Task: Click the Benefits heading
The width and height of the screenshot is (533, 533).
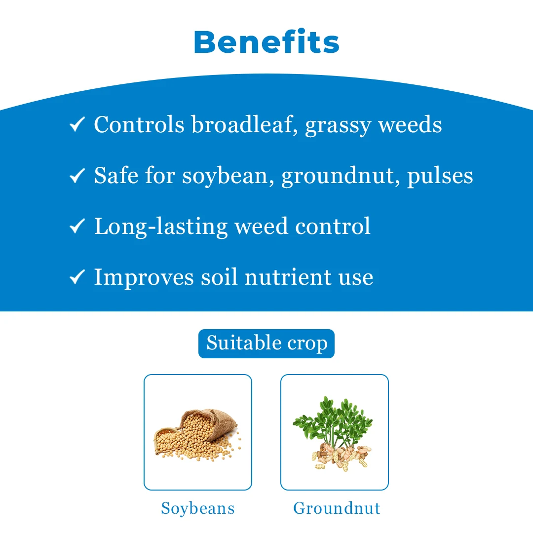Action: pyautogui.click(x=266, y=42)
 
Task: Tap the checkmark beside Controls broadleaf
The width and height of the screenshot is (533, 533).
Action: pyautogui.click(x=77, y=125)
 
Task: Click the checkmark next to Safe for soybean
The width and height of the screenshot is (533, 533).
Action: pyautogui.click(x=77, y=176)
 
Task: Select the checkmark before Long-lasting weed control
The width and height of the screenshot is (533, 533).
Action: pyautogui.click(x=77, y=227)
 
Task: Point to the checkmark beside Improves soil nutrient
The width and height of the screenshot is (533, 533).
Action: pyautogui.click(x=77, y=277)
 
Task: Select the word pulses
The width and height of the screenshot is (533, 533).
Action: pyautogui.click(x=440, y=177)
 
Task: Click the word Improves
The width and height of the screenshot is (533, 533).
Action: pyautogui.click(x=143, y=278)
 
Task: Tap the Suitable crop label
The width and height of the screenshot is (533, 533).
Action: pyautogui.click(x=266, y=343)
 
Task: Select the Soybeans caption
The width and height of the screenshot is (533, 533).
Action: pyautogui.click(x=197, y=508)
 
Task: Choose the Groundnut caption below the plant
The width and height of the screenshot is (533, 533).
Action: pyautogui.click(x=337, y=508)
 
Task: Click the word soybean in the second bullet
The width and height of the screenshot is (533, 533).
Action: pyautogui.click(x=228, y=176)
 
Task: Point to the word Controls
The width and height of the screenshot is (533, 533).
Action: pyautogui.click(x=139, y=124)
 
